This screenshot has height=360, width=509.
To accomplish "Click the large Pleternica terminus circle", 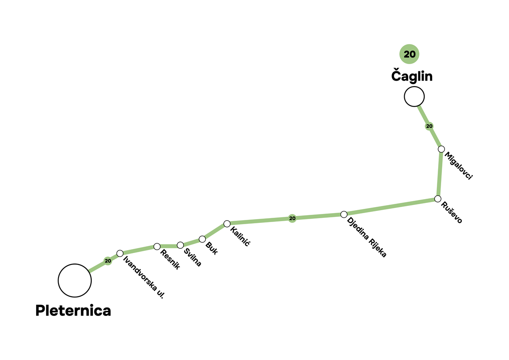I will point(75,280).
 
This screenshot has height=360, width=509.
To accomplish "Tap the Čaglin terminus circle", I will point(414,96).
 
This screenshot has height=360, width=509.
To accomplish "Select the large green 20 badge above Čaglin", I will point(409,54).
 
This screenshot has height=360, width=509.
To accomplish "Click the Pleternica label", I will point(73,310).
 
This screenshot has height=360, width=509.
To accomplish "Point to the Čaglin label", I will point(411,76).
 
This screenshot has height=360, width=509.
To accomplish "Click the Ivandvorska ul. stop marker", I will point(120,253).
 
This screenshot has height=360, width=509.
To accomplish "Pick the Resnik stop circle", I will point(157,246).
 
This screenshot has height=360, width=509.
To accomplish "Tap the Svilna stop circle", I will point(180,245).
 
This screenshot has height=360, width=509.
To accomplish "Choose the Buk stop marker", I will point(202,239).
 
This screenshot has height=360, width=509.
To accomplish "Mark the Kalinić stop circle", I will point(227,223).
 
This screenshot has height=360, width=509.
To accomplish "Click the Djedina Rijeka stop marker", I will point(344,214).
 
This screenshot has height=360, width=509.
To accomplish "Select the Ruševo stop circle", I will point(438,199).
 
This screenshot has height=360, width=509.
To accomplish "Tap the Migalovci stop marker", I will point(441,149).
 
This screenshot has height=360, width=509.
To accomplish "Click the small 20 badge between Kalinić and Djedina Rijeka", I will point(292,218).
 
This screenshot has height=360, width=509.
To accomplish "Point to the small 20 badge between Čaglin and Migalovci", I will point(429,126).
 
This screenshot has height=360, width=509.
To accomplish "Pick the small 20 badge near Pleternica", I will point(108,261).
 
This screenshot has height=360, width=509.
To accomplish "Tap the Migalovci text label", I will point(459,166).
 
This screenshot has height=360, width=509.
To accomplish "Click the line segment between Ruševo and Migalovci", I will point(439,174).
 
